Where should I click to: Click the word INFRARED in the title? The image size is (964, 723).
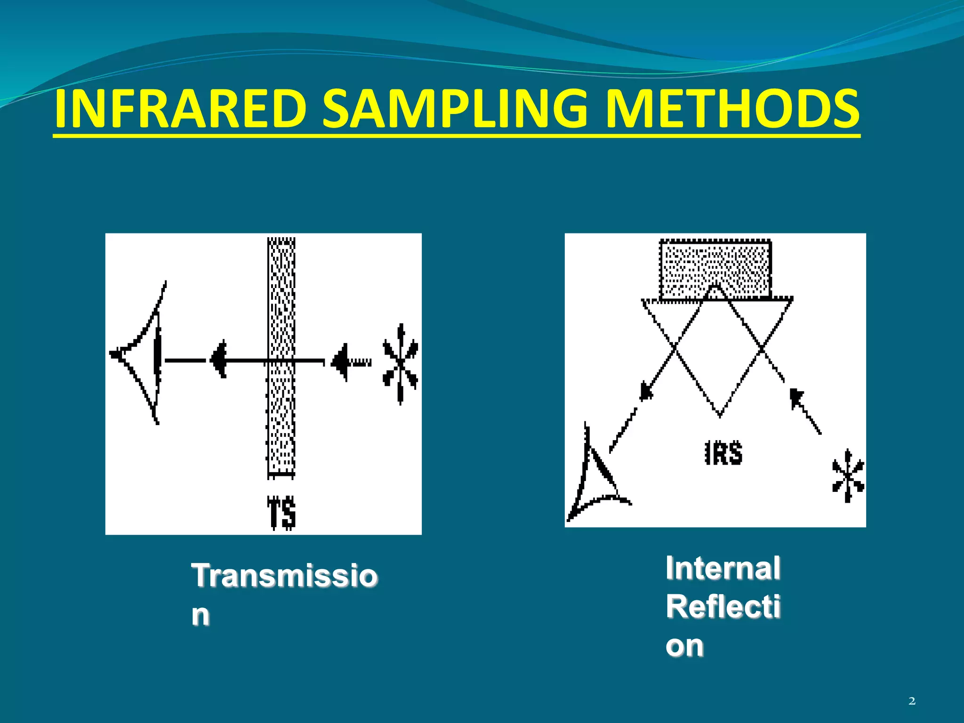[181, 109]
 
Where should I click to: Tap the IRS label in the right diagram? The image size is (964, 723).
[723, 453]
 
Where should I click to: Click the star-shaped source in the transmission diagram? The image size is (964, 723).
[400, 363]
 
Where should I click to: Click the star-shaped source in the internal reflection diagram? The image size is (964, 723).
[848, 476]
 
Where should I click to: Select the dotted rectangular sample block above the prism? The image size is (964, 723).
[715, 269]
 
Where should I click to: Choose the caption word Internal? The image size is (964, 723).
[723, 568]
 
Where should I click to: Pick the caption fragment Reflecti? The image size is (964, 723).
[723, 607]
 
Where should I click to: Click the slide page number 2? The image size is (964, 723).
[912, 701]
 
